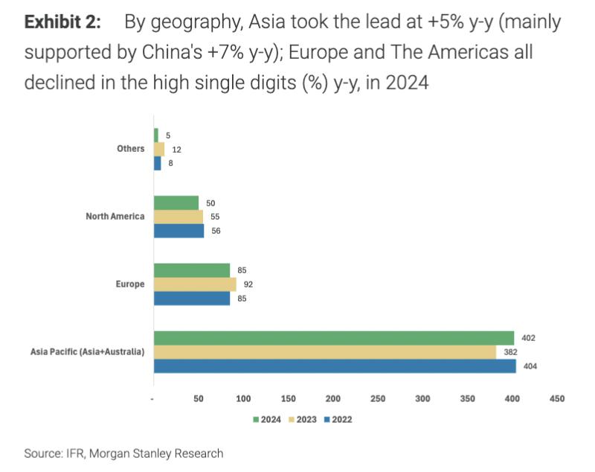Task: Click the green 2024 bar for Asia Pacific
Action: point(333,338)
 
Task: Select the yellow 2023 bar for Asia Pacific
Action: point(324,352)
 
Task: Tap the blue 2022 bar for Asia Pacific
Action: point(335,366)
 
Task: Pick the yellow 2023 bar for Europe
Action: point(195,284)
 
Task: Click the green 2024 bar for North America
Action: point(176,202)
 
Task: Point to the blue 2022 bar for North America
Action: point(178,231)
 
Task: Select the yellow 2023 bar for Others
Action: point(159,149)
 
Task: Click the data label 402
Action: point(529,338)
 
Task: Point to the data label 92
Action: point(248,284)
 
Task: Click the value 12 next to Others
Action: point(176,150)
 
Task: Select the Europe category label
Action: point(129,284)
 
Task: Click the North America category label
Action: point(115,217)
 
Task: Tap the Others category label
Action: point(130,149)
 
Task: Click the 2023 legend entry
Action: point(302,419)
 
